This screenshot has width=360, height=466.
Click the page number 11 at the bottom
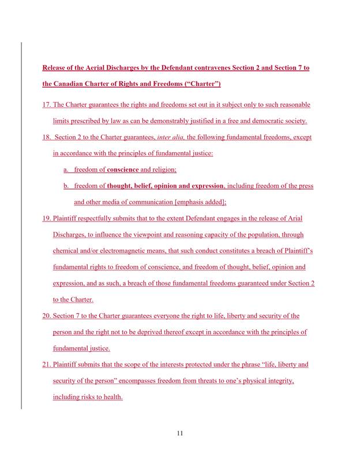179,434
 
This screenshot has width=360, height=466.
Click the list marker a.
66,170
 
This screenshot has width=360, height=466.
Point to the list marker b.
66,186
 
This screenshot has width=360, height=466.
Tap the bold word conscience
123,170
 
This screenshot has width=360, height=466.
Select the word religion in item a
164,170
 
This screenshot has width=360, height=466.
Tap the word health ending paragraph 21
112,397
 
